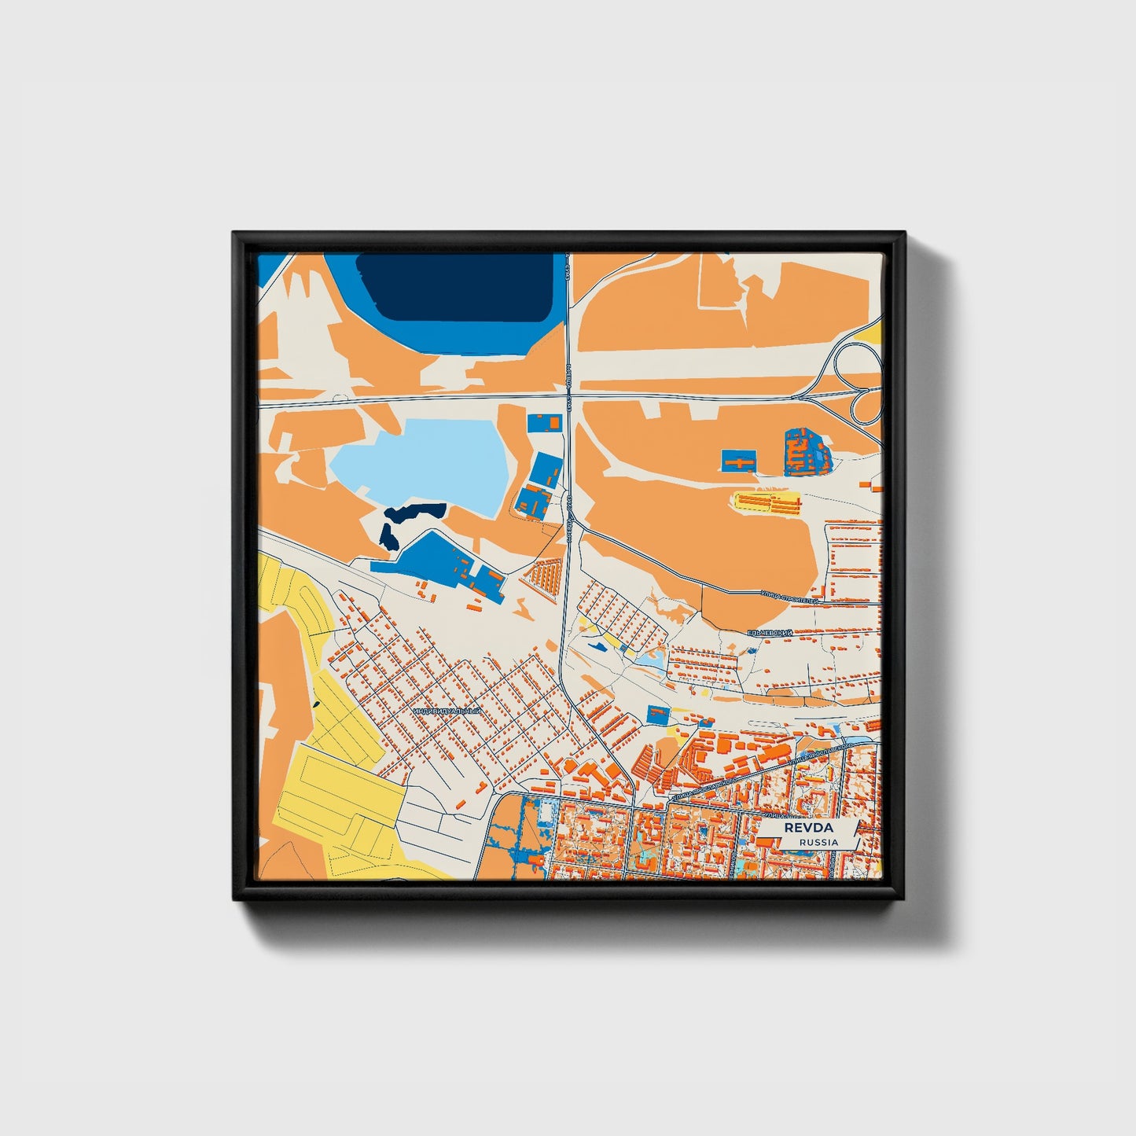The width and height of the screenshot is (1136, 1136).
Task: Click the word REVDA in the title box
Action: pos(807,828)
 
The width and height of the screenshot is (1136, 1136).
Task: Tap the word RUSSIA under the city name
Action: pos(818,842)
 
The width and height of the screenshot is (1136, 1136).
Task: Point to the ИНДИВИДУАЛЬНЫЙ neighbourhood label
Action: pos(446,711)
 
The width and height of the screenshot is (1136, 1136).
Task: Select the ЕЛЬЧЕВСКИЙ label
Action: pos(770,632)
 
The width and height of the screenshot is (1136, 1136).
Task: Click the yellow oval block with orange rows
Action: pos(767,502)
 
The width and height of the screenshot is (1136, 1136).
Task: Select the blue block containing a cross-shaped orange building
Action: pos(739,461)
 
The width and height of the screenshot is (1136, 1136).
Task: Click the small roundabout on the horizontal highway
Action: pos(339,399)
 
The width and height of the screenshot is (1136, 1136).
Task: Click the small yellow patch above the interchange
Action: pos(873,336)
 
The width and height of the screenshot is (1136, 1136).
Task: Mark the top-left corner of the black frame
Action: pos(233,233)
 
